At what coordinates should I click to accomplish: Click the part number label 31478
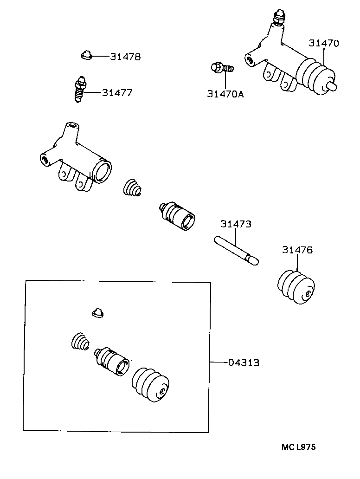(x=125, y=57)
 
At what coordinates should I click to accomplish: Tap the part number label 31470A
(x=225, y=94)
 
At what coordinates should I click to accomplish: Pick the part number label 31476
(x=297, y=250)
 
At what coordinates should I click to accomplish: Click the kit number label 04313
(x=244, y=362)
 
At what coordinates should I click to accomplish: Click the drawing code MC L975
(x=298, y=447)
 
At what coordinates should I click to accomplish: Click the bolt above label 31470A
(x=222, y=69)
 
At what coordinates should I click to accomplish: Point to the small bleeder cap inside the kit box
(x=97, y=313)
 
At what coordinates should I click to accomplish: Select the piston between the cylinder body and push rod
(x=177, y=215)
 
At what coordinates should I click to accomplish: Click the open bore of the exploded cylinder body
(x=102, y=170)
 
